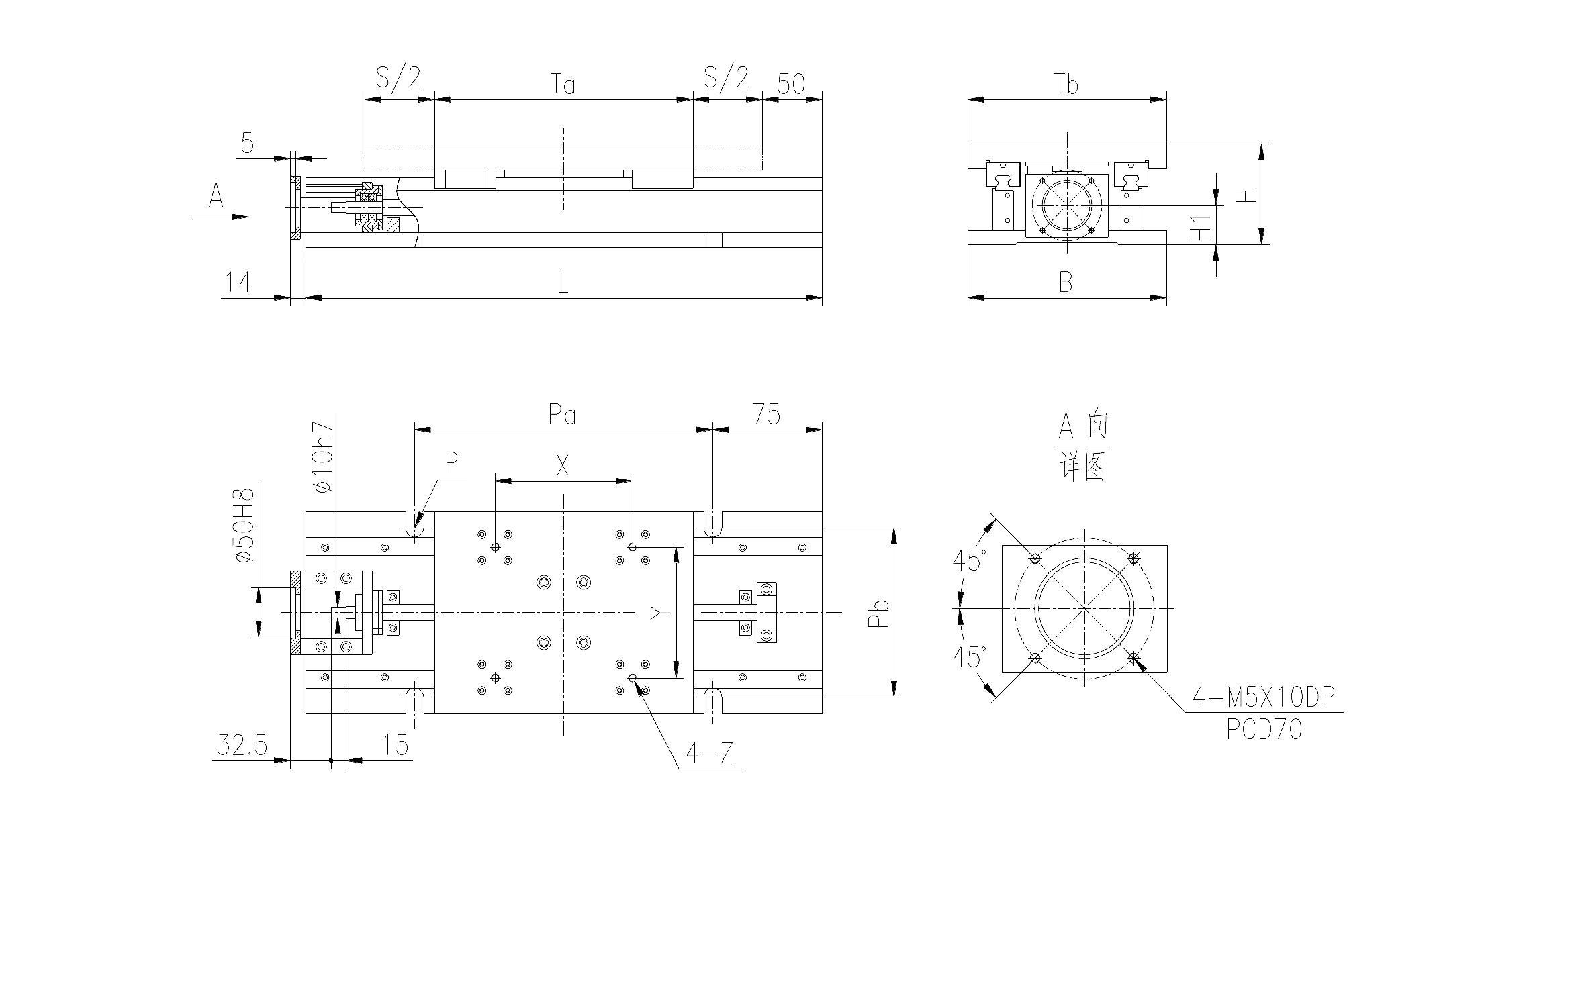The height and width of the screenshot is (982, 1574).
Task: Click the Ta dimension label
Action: click(x=563, y=85)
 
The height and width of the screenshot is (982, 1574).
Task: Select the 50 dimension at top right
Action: click(x=791, y=84)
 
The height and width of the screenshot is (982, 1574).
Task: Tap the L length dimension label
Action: click(x=563, y=283)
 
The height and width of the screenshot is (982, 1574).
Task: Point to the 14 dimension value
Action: click(x=238, y=282)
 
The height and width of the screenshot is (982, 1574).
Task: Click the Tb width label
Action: click(x=1066, y=85)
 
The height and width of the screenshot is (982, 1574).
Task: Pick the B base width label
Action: click(x=1066, y=283)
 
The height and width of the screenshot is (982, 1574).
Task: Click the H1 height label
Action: click(x=1201, y=228)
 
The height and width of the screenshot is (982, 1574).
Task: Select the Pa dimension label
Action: click(x=562, y=415)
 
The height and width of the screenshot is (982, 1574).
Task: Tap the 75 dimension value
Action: click(x=766, y=415)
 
